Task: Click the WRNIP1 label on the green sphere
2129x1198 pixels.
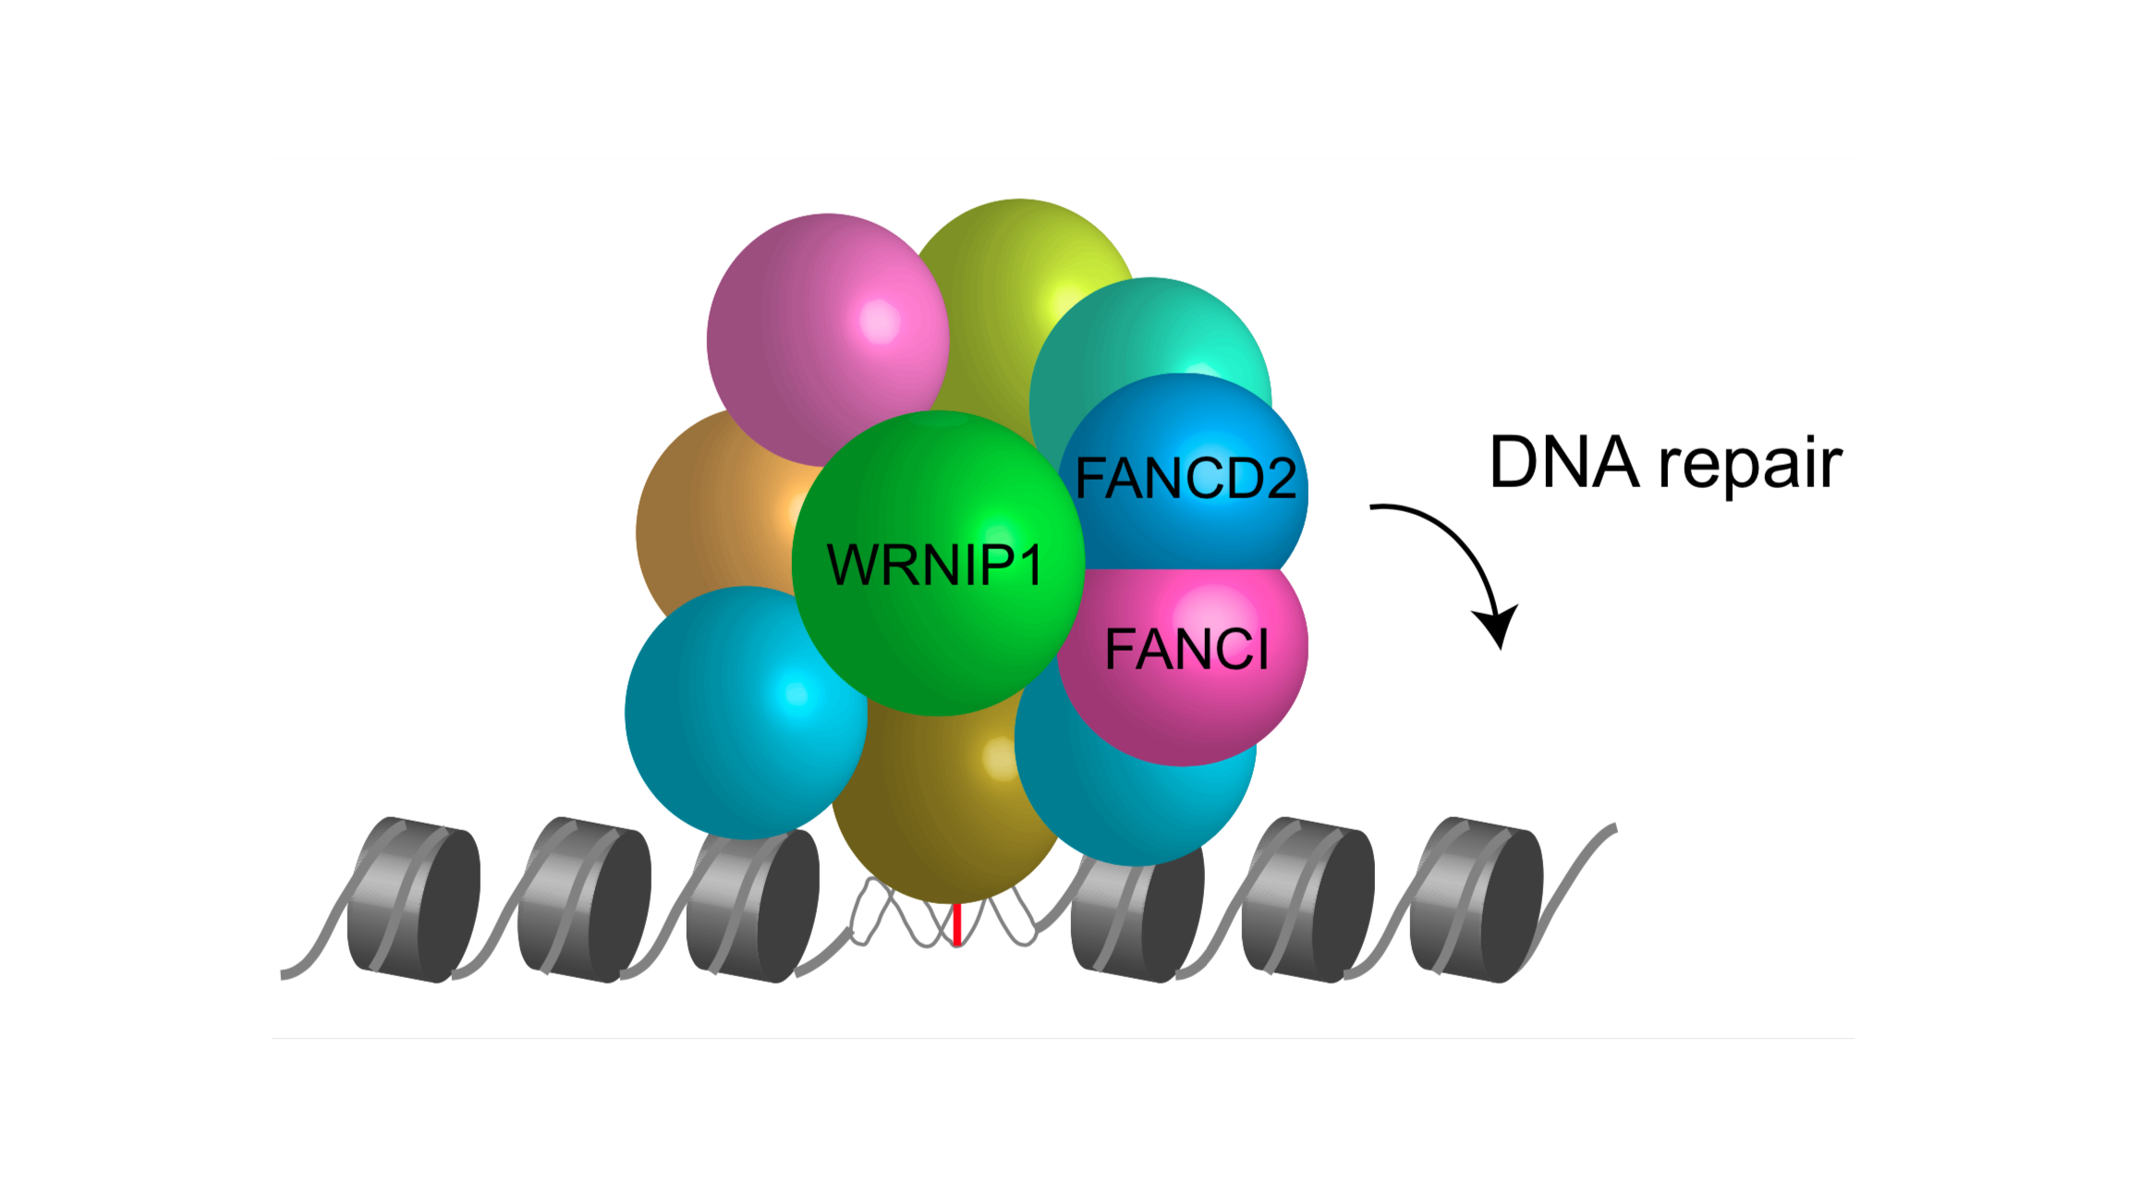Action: click(x=935, y=565)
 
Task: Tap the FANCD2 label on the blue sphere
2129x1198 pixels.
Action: click(x=1186, y=479)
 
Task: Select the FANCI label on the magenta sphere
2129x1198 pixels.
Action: click(x=1186, y=649)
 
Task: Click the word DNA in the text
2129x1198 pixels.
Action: click(x=1563, y=462)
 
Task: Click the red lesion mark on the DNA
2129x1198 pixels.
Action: click(x=957, y=924)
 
